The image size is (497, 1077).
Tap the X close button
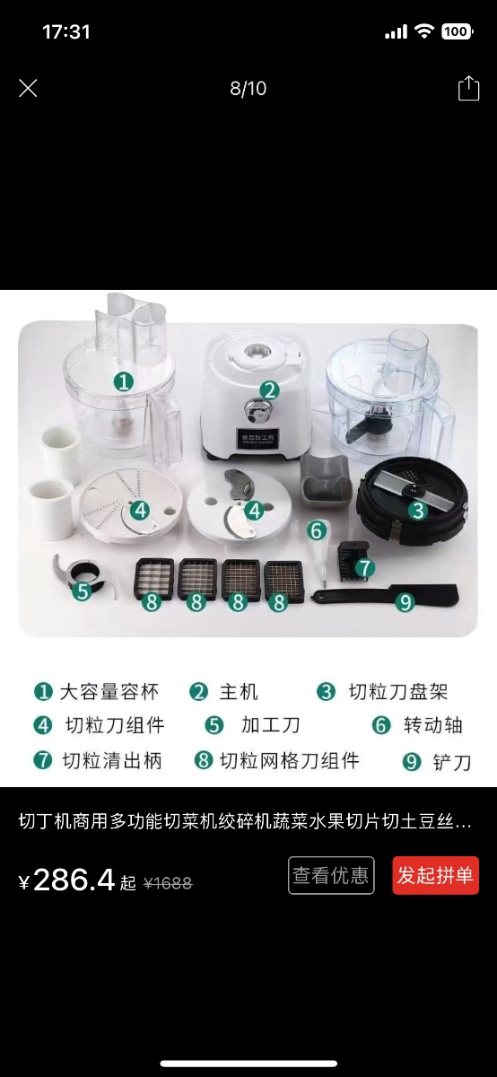(x=28, y=88)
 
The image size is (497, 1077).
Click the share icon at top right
(x=468, y=88)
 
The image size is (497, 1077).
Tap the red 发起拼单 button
(x=435, y=875)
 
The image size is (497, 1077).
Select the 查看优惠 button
(x=331, y=875)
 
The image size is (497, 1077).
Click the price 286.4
(x=74, y=880)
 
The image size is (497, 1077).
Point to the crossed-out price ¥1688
(x=168, y=883)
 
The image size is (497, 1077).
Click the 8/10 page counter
(x=248, y=88)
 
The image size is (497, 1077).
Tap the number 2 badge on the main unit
(x=270, y=390)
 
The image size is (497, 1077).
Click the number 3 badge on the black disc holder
(x=418, y=510)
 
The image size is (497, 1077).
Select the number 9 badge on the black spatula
(x=405, y=601)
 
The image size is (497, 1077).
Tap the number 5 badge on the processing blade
(x=83, y=591)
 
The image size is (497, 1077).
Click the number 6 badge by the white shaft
(x=317, y=530)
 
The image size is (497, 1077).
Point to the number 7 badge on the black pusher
(x=365, y=567)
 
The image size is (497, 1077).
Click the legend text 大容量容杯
(x=109, y=692)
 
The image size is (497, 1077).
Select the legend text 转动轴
(x=433, y=725)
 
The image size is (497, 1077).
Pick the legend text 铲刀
(x=452, y=762)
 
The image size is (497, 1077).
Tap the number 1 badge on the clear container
(x=124, y=381)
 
